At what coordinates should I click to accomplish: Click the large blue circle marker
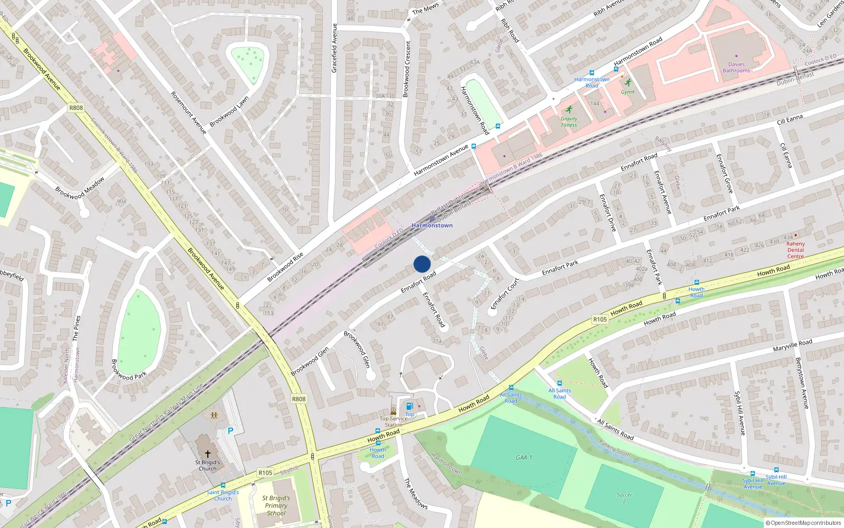(x=422, y=264)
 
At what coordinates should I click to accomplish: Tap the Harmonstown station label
(x=432, y=225)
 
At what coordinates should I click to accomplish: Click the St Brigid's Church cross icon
(x=208, y=454)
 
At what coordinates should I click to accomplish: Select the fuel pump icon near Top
(x=409, y=407)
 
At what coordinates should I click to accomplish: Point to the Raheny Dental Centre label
(x=795, y=250)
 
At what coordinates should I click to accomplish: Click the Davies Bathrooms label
(x=736, y=68)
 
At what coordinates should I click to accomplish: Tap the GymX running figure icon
(x=628, y=82)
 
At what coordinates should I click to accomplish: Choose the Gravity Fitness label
(x=569, y=122)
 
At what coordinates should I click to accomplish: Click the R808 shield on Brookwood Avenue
(x=76, y=108)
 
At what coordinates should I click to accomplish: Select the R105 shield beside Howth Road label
(x=600, y=319)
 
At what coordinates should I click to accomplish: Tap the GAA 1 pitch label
(x=524, y=457)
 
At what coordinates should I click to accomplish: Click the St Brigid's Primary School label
(x=276, y=505)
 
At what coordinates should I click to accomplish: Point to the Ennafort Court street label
(x=505, y=294)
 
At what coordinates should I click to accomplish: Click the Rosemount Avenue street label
(x=188, y=112)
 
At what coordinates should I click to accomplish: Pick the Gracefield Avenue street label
(x=334, y=48)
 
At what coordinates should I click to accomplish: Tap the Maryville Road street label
(x=792, y=346)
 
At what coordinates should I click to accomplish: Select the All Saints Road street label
(x=615, y=429)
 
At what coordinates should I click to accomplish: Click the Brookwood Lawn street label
(x=229, y=112)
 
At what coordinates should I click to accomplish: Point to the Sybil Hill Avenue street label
(x=741, y=413)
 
